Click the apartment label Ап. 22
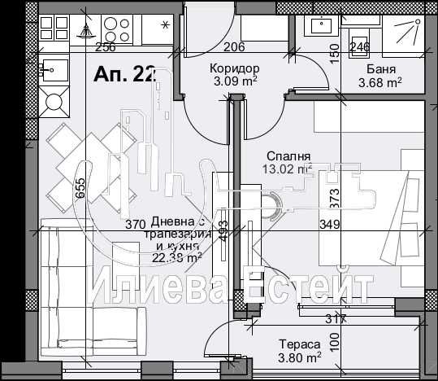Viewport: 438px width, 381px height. pos(124,75)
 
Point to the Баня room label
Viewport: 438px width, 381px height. pos(380,68)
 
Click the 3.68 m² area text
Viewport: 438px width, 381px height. pos(380,81)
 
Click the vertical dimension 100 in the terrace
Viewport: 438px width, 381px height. pos(332,342)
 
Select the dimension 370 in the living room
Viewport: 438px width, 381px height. pos(135,225)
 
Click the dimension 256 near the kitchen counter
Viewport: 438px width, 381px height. pos(106,46)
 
